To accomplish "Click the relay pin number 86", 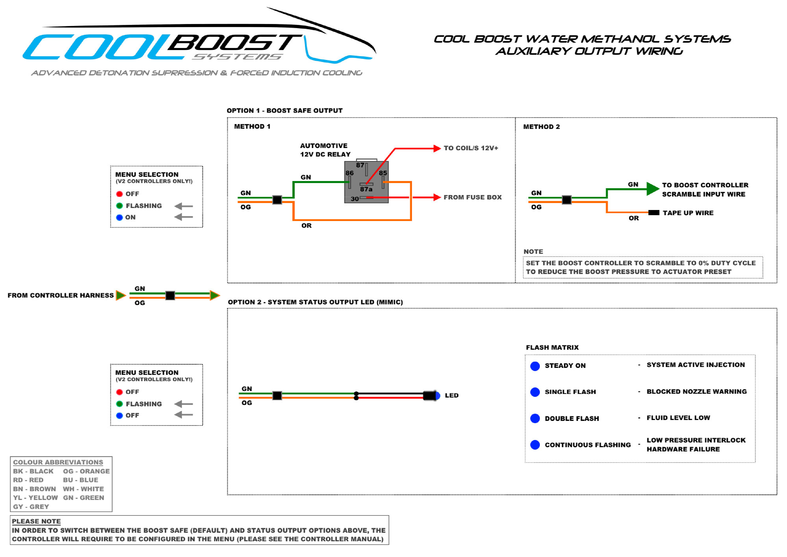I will [349, 173].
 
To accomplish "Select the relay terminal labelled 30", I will [354, 199].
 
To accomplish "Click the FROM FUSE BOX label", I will [472, 197].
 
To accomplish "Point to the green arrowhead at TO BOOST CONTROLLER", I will [652, 189].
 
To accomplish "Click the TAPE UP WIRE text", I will [688, 213].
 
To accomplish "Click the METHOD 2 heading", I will [541, 127].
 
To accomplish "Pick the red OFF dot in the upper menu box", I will [119, 194].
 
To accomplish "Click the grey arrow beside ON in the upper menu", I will [184, 217].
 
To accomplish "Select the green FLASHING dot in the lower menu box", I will [119, 404].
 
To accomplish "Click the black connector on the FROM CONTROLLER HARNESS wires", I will [170, 296].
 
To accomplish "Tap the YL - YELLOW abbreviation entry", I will [35, 498].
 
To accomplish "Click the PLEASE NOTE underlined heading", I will [36, 521].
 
